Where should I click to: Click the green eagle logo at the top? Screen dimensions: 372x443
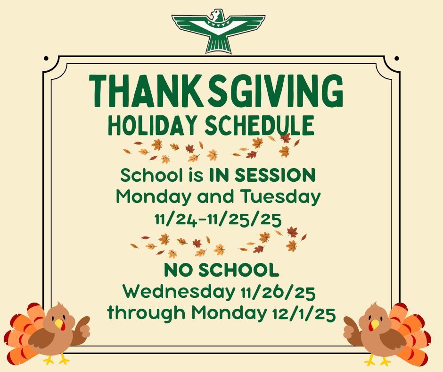(218, 31)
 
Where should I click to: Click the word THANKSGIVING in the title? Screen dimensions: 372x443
(216, 92)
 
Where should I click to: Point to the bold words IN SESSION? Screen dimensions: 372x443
(262, 176)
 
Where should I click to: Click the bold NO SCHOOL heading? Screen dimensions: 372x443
(221, 271)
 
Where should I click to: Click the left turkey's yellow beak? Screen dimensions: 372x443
(59, 324)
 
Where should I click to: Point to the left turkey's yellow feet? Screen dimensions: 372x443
(57, 360)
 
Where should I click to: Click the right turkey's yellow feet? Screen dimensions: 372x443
(377, 360)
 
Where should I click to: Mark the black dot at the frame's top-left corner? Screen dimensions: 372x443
(46, 59)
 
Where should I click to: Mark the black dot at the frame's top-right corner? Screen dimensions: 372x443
(397, 59)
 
